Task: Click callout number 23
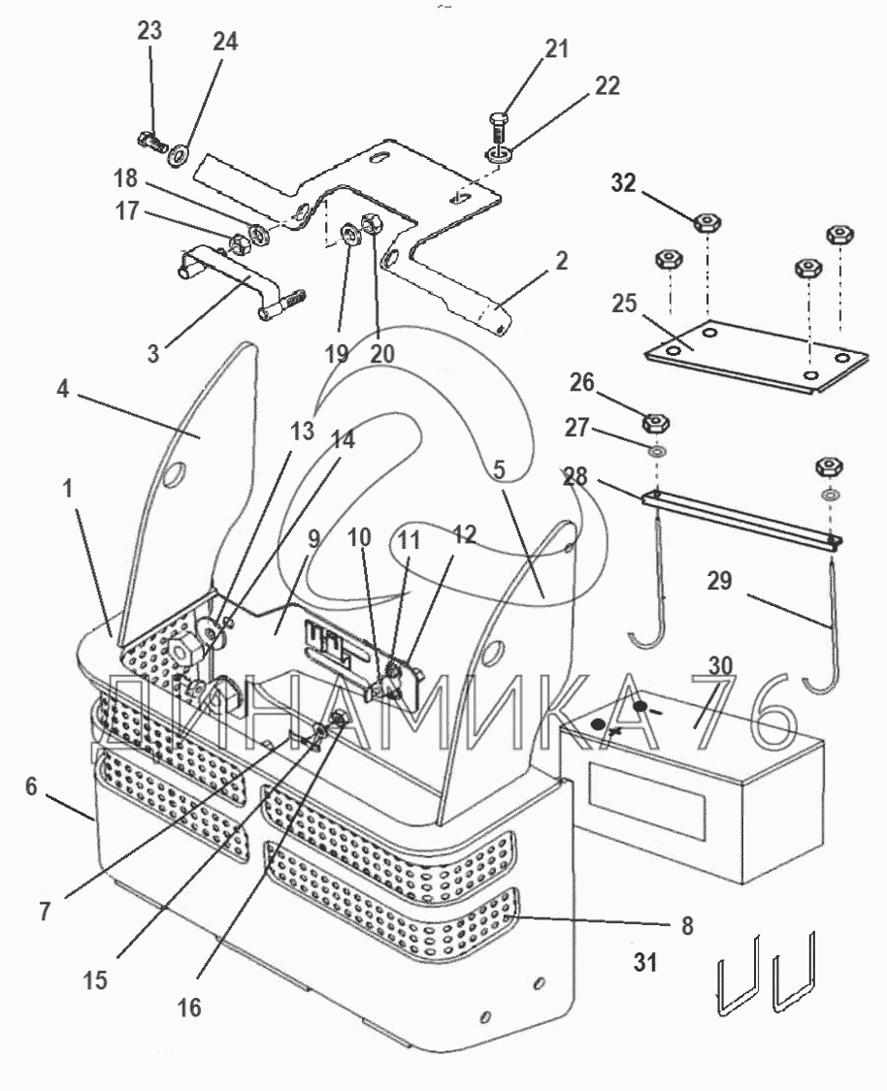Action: point(149,31)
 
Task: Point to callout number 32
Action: point(623,183)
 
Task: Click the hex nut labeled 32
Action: point(706,223)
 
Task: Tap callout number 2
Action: point(561,262)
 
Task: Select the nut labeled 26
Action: point(655,423)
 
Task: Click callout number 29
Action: point(719,580)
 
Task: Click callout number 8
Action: point(687,925)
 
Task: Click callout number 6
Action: point(31,786)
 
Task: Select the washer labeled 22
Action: point(497,152)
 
